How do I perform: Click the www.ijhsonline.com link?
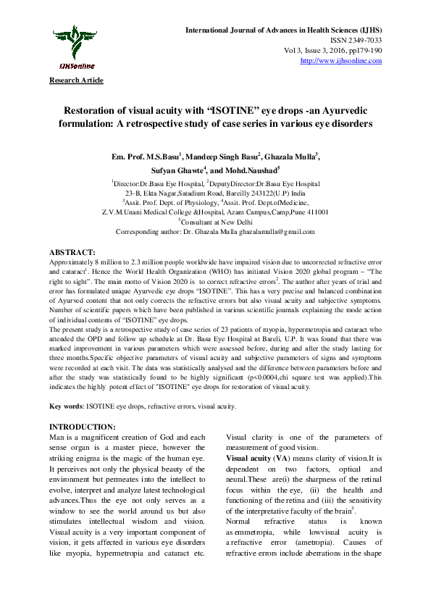[340, 60]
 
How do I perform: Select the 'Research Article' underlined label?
[76, 80]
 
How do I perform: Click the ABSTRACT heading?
[71, 251]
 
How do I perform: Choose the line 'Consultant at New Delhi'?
[217, 221]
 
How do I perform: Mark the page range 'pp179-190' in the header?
[367, 51]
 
